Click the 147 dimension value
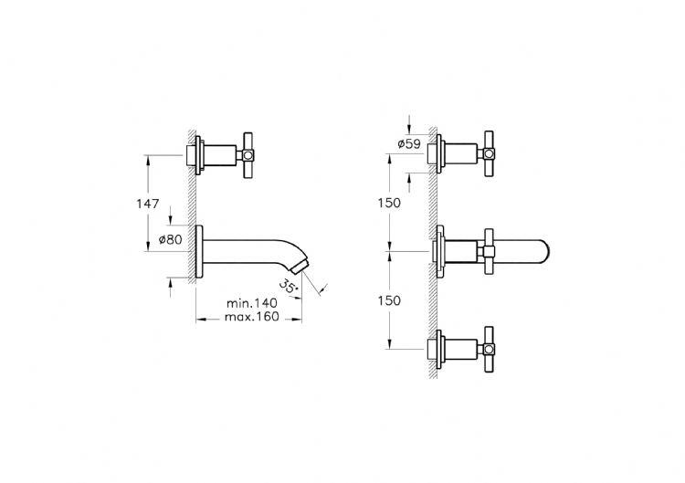click(148, 204)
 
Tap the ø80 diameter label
click(170, 239)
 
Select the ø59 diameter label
click(409, 143)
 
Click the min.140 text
click(252, 303)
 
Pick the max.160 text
click(252, 317)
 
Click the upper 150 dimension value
click(389, 203)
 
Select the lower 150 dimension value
click(389, 301)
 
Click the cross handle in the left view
click(248, 154)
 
